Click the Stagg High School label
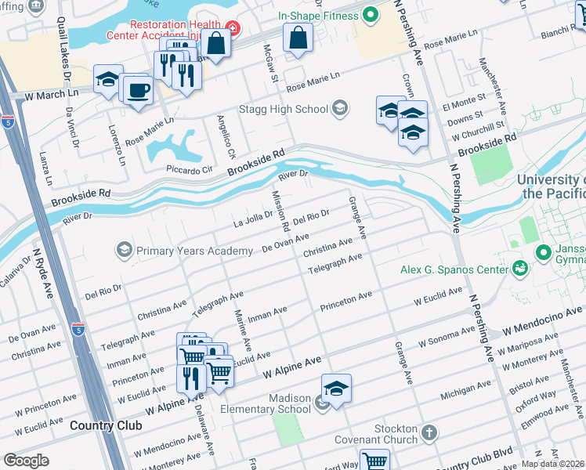[285, 108]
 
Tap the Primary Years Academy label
[195, 251]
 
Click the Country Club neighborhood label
[106, 425]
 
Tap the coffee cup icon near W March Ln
[138, 90]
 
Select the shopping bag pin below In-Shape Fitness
[298, 38]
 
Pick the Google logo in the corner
[26, 460]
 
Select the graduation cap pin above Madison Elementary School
[335, 389]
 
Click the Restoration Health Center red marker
[234, 30]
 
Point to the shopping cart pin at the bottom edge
[374, 461]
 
